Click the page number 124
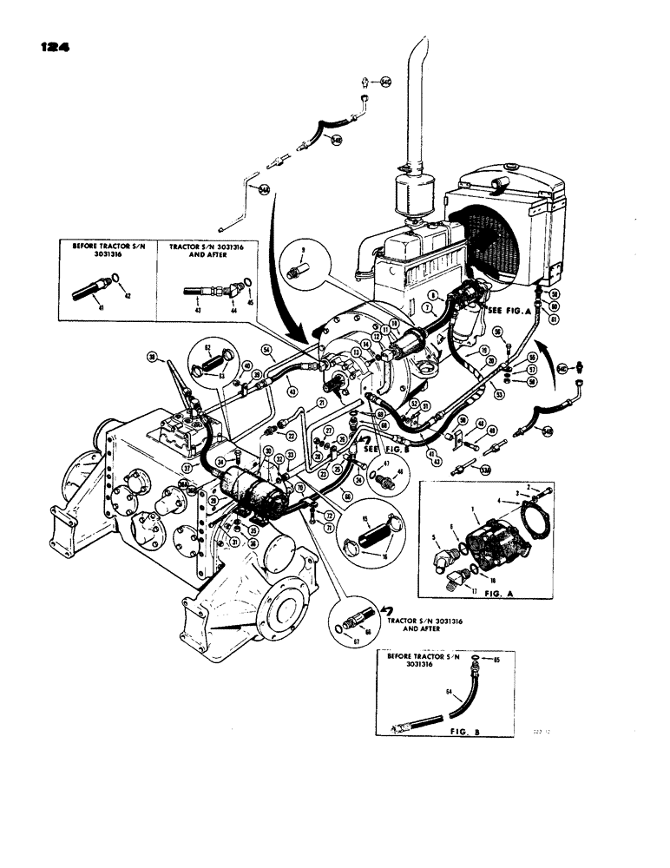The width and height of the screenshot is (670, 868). click(51, 45)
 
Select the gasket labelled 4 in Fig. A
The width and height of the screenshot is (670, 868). click(525, 523)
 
